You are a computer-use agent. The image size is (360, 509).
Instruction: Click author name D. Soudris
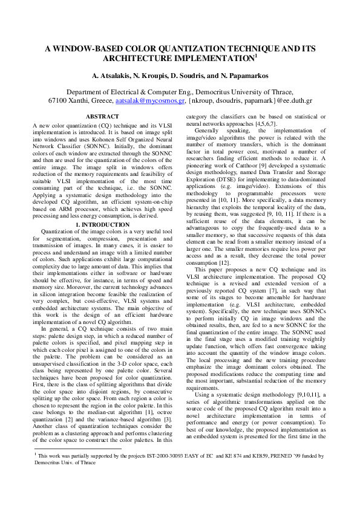(188, 76)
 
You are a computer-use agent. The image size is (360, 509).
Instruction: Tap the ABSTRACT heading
(102, 115)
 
